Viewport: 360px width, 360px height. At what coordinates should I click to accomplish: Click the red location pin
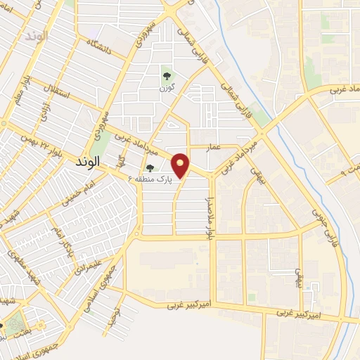point(181,165)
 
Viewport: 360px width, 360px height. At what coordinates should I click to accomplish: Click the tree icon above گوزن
point(166,77)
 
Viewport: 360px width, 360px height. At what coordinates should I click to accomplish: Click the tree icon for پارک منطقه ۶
point(150,167)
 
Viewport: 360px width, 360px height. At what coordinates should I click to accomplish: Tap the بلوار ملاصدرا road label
point(209,219)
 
